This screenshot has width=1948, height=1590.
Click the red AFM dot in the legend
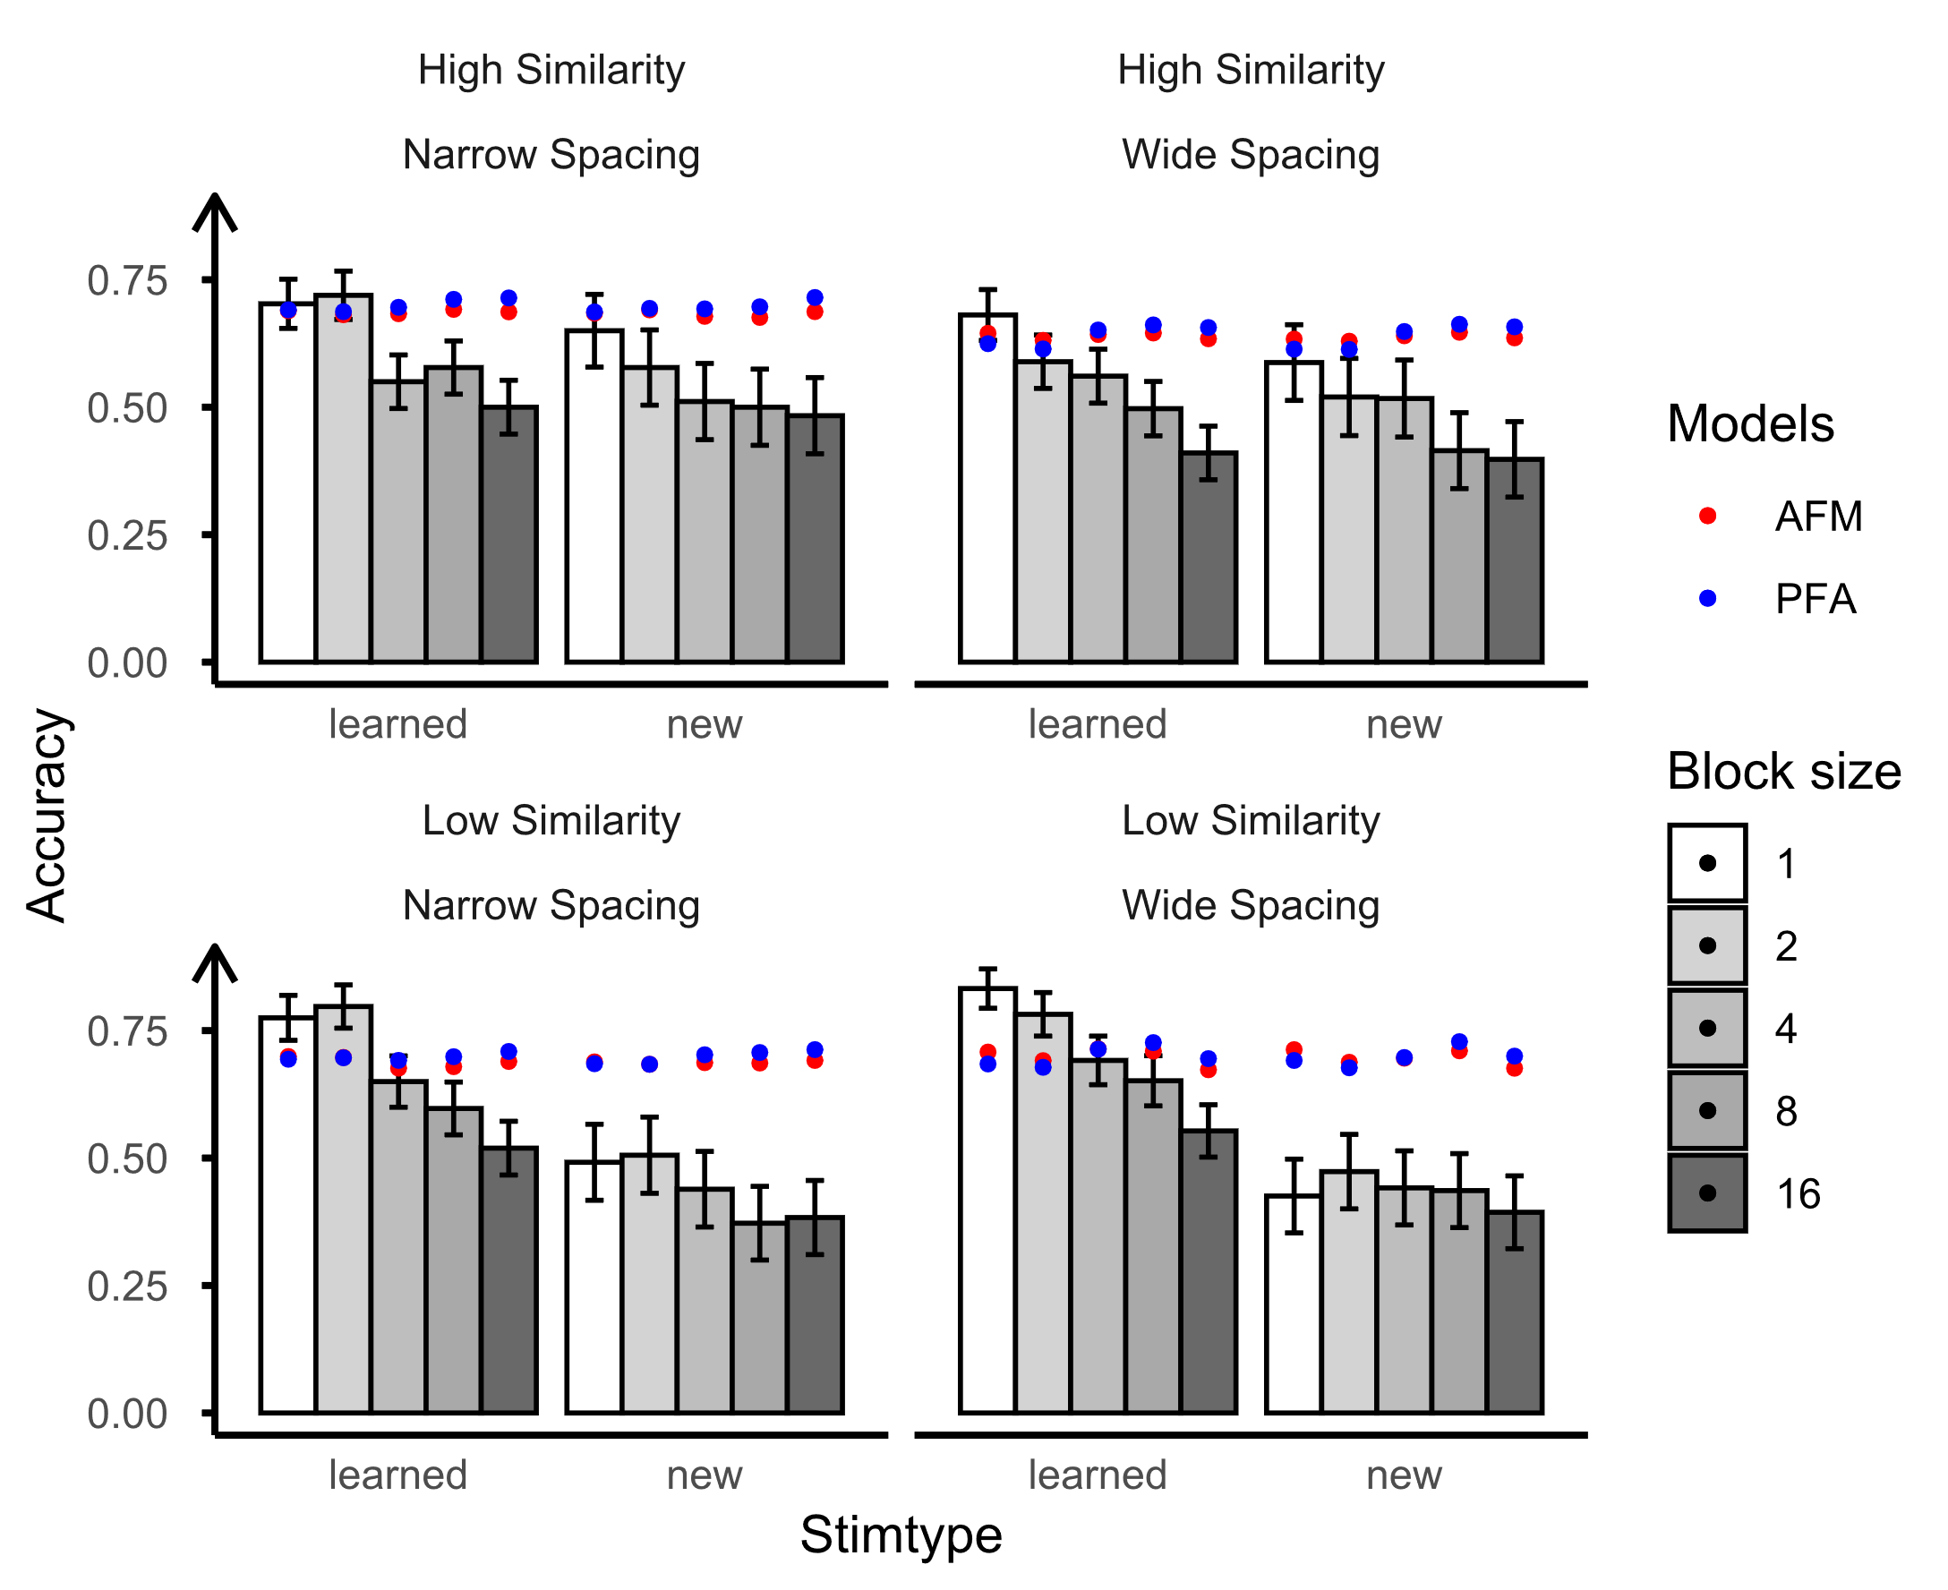click(1707, 516)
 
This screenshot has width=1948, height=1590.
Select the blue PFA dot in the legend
click(1707, 598)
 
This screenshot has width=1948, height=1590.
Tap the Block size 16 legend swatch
click(1707, 1192)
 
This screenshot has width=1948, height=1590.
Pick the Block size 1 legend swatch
click(1707, 863)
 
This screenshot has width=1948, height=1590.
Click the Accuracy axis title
click(46, 816)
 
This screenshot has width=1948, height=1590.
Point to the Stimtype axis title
click(901, 1534)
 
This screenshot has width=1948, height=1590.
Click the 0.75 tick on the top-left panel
click(127, 280)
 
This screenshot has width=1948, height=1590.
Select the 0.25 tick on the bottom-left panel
click(127, 1286)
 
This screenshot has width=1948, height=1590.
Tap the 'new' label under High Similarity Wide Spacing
click(1403, 724)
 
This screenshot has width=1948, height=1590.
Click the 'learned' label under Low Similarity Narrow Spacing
click(397, 1475)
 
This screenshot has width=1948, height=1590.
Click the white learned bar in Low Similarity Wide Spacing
click(987, 1200)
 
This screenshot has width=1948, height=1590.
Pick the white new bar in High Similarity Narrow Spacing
click(594, 495)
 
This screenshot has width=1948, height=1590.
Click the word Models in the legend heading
click(1750, 424)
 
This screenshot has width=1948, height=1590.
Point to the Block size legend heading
click(1783, 771)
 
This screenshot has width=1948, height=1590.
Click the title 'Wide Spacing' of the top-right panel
click(1250, 154)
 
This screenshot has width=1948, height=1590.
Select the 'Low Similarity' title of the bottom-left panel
click(551, 820)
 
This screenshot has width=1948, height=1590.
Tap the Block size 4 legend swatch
click(1707, 1028)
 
